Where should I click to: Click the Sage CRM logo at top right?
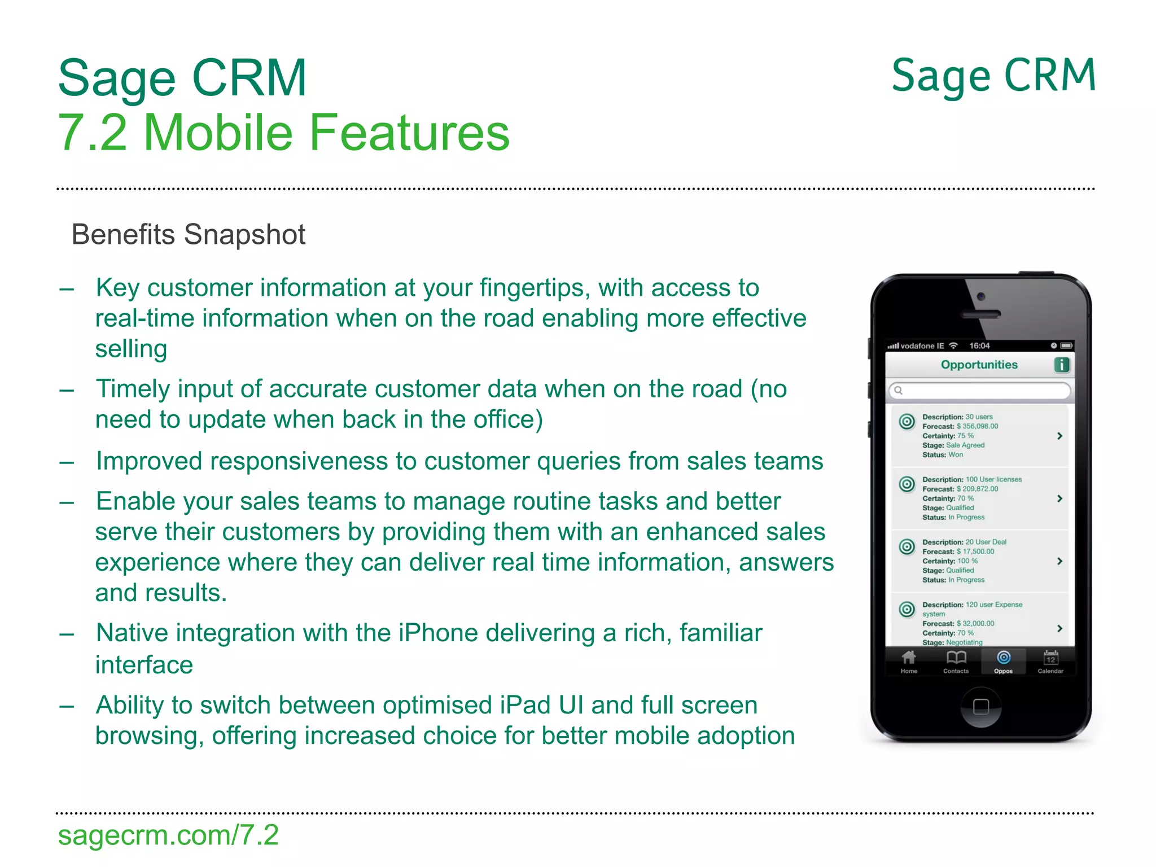[x=993, y=76]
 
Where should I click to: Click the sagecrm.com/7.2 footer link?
[x=168, y=835]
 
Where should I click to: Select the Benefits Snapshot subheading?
[x=188, y=234]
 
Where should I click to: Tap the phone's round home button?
[x=981, y=707]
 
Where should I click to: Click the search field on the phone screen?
[x=980, y=390]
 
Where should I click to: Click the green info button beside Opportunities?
[x=1062, y=365]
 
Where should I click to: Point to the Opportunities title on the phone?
[x=979, y=365]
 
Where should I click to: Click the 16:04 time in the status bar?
[x=979, y=345]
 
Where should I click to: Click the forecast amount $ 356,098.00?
[x=977, y=426]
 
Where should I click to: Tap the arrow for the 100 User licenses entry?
[x=1059, y=498]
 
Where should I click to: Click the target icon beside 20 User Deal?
[x=907, y=546]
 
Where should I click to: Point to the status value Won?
[x=956, y=454]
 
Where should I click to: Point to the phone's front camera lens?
[x=981, y=296]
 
